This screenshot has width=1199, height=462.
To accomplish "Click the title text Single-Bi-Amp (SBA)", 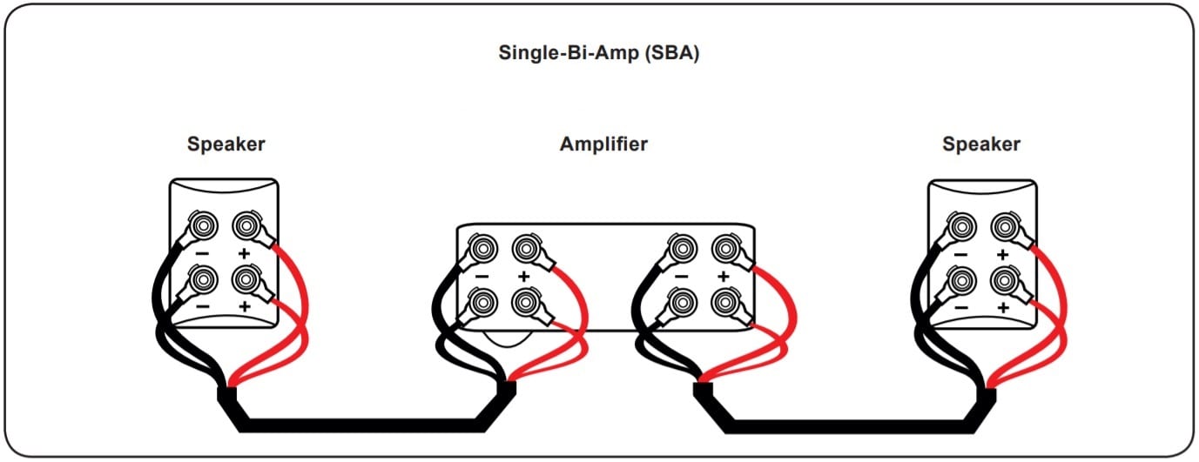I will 599,53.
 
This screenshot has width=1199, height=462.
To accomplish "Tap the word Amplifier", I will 603,144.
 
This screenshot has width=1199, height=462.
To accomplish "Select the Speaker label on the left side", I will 226,144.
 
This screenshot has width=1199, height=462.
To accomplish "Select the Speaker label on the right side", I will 981,144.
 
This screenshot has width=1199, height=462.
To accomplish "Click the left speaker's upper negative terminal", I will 203,226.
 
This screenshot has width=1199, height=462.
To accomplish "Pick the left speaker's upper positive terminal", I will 245,226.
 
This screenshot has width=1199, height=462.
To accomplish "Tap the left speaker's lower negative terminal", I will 203,280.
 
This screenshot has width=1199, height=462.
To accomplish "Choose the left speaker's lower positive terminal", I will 245,280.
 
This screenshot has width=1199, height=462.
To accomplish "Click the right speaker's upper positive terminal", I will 1004,226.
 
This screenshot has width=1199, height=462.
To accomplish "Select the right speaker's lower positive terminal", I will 1004,280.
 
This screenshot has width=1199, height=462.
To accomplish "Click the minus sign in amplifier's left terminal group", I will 482,276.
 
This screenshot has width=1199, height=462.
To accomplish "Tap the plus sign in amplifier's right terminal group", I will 723,276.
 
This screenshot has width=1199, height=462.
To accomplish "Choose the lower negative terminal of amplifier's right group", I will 681,302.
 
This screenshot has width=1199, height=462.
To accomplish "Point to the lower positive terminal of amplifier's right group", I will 724,302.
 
